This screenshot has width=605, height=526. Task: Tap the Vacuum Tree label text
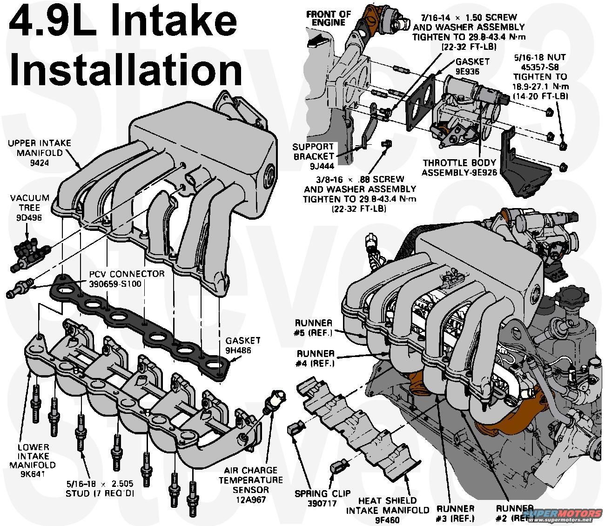29,208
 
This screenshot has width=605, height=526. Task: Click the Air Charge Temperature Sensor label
250,480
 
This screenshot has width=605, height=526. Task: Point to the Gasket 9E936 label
472,66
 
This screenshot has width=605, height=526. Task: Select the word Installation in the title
126,68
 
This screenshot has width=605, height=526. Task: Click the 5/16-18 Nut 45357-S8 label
540,76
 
